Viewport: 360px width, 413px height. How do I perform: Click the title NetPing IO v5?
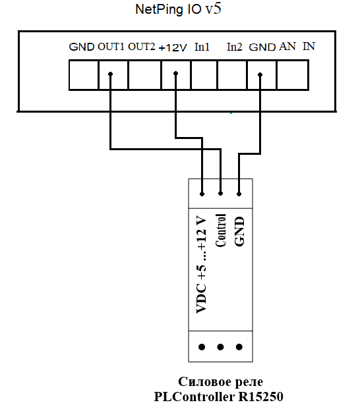tap(178, 10)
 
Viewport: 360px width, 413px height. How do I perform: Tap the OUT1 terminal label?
tap(111, 47)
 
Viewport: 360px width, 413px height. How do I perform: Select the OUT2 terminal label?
tap(141, 47)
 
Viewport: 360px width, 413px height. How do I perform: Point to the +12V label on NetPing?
tap(173, 47)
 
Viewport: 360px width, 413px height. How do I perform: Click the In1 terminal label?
tap(202, 47)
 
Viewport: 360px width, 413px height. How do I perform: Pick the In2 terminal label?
tap(235, 47)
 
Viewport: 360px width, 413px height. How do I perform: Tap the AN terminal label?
tap(287, 47)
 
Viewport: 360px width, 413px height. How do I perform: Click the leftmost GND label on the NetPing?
tap(82, 47)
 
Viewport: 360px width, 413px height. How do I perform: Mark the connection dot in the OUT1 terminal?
tap(111, 74)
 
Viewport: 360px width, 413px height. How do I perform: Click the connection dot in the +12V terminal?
tap(175, 73)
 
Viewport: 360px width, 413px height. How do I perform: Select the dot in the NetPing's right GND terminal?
tap(260, 74)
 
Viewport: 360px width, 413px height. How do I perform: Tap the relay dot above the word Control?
tap(220, 194)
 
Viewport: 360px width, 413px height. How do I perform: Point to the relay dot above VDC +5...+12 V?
tap(202, 194)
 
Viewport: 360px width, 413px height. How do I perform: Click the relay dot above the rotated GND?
tap(239, 194)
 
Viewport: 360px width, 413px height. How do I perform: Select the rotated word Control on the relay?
tap(221, 231)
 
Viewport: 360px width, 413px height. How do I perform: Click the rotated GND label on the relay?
tap(239, 231)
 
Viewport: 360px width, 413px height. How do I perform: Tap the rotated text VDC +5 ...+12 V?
tap(201, 265)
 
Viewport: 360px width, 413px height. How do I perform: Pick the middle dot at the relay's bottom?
tap(220, 347)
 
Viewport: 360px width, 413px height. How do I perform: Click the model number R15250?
tap(261, 397)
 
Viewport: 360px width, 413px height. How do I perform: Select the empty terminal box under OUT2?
tap(144, 75)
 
